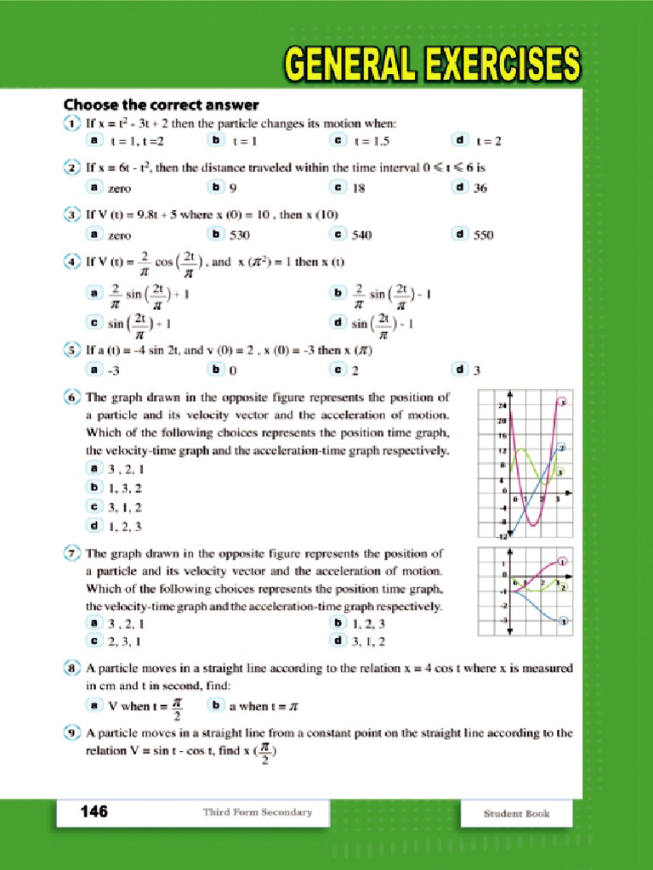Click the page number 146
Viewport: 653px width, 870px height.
[x=94, y=812]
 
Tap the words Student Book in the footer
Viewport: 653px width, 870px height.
[x=517, y=813]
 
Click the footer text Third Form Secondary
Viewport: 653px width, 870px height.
[x=257, y=812]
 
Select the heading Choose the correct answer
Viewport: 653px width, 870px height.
[x=161, y=105]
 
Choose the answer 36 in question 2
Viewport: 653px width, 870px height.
[x=480, y=188]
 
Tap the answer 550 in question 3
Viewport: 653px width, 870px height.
[x=483, y=234]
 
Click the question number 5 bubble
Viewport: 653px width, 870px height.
[x=73, y=348]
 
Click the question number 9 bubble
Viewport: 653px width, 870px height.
[x=73, y=732]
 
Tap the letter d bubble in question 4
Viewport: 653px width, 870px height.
[x=338, y=322]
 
